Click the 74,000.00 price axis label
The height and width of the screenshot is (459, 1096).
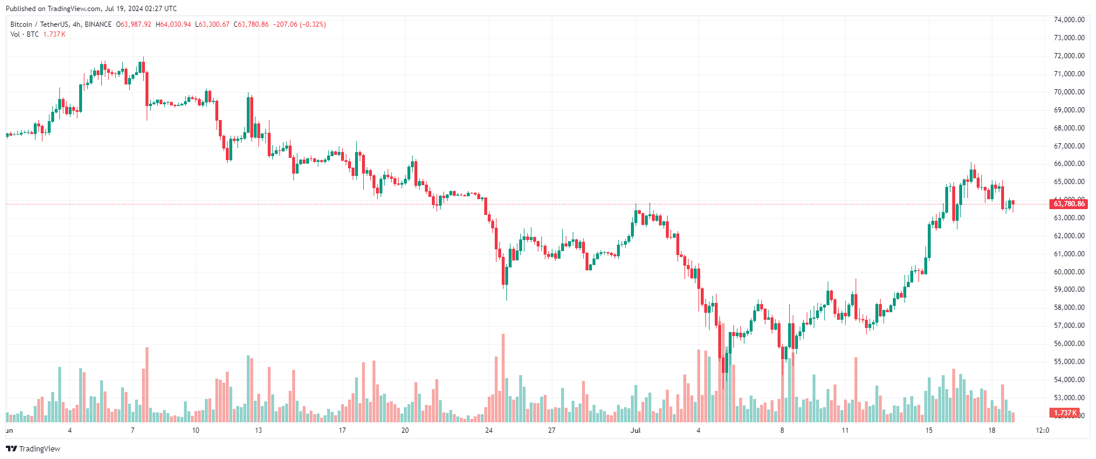click(1069, 20)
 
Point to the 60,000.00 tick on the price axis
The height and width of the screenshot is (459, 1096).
click(1069, 272)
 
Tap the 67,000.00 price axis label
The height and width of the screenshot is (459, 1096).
click(1069, 146)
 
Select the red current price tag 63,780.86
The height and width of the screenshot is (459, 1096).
click(1069, 204)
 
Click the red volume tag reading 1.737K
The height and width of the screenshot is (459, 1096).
click(1065, 413)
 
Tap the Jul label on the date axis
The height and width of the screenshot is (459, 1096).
click(636, 430)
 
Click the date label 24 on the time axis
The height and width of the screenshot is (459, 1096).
click(489, 430)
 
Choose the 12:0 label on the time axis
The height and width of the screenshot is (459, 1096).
click(1042, 430)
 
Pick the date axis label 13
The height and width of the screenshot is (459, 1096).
click(258, 430)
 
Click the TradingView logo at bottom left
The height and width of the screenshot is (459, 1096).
click(33, 449)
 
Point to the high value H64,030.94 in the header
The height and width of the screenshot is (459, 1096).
click(173, 24)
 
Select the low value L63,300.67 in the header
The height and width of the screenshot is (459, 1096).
click(212, 24)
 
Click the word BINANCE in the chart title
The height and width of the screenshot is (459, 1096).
click(98, 24)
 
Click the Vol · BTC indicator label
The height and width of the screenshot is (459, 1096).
click(24, 34)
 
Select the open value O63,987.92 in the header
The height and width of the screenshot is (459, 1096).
click(134, 24)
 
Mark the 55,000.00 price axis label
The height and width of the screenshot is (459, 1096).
click(1069, 362)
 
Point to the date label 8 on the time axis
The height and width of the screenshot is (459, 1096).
click(782, 430)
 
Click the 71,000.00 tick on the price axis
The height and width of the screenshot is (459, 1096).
click(1069, 74)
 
